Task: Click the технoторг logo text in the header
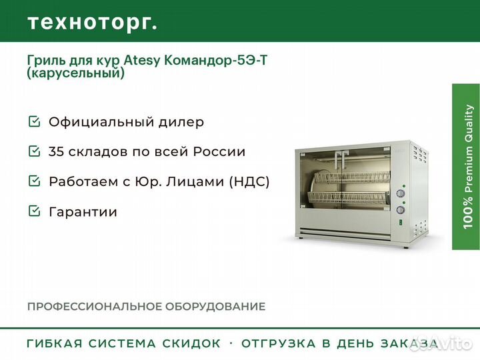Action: click(93, 23)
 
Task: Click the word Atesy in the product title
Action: click(141, 61)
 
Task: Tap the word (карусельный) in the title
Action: click(76, 73)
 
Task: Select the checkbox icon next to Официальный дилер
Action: click(34, 121)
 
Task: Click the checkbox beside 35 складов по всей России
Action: click(34, 151)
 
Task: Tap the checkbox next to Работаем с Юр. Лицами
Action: click(34, 181)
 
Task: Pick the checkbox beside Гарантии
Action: click(34, 211)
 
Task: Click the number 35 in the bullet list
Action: click(56, 151)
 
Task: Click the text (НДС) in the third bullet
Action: click(249, 181)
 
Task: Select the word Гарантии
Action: click(83, 212)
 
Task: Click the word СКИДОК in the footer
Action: click(191, 343)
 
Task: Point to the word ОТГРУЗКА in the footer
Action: click(278, 343)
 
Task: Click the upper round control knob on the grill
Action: click(401, 193)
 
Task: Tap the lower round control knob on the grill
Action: click(401, 210)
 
